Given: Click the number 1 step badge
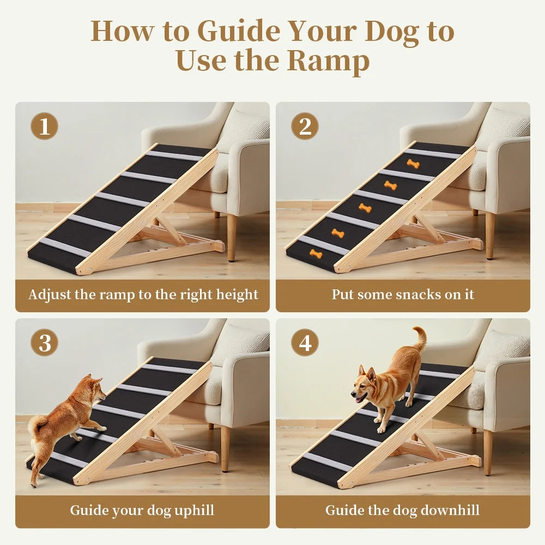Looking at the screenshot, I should point(44,127).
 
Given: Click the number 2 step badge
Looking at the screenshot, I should point(305,127).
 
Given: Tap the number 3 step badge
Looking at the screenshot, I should point(44,343).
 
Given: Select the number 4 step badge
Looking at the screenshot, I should point(305,343).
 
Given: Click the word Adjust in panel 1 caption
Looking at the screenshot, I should point(50,295).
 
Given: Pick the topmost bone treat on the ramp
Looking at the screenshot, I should point(413,163).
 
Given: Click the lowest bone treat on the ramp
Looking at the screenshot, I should point(316,253).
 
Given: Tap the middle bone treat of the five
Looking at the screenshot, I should point(365,208).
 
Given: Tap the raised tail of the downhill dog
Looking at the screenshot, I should point(420,338).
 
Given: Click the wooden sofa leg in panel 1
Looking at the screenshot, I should point(232,237).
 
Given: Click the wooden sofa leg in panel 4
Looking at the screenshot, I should point(488,452).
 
